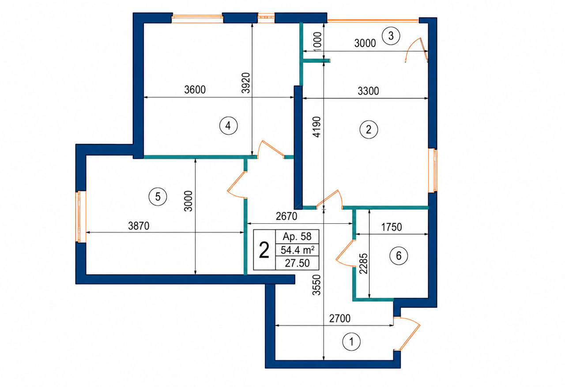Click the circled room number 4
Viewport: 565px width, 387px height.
pos(228,126)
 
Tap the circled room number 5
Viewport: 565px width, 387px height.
pos(158,196)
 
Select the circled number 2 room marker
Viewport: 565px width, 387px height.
pos(369,130)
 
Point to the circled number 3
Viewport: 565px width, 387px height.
pos(391,36)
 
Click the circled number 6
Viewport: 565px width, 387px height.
pos(399,255)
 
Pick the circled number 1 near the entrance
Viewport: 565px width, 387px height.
pos(351,342)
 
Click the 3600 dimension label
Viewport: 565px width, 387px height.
pos(195,90)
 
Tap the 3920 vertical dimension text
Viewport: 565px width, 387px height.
pos(245,83)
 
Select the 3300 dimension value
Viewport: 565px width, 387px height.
pos(368,91)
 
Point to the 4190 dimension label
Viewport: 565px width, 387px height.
pos(316,127)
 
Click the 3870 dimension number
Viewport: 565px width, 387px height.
pos(139,225)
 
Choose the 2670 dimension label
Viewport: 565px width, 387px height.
pos(286,216)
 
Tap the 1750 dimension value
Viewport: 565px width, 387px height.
pos(392,227)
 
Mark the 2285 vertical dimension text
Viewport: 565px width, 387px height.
pos(363,264)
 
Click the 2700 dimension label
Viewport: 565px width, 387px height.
pos(340,319)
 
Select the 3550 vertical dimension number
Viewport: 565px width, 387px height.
pos(316,285)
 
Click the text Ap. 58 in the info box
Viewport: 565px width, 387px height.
pos(297,237)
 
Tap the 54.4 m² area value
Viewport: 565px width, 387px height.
pos(298,250)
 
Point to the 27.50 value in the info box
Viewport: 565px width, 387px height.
pos(297,263)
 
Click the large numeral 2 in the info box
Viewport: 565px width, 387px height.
pos(264,250)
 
